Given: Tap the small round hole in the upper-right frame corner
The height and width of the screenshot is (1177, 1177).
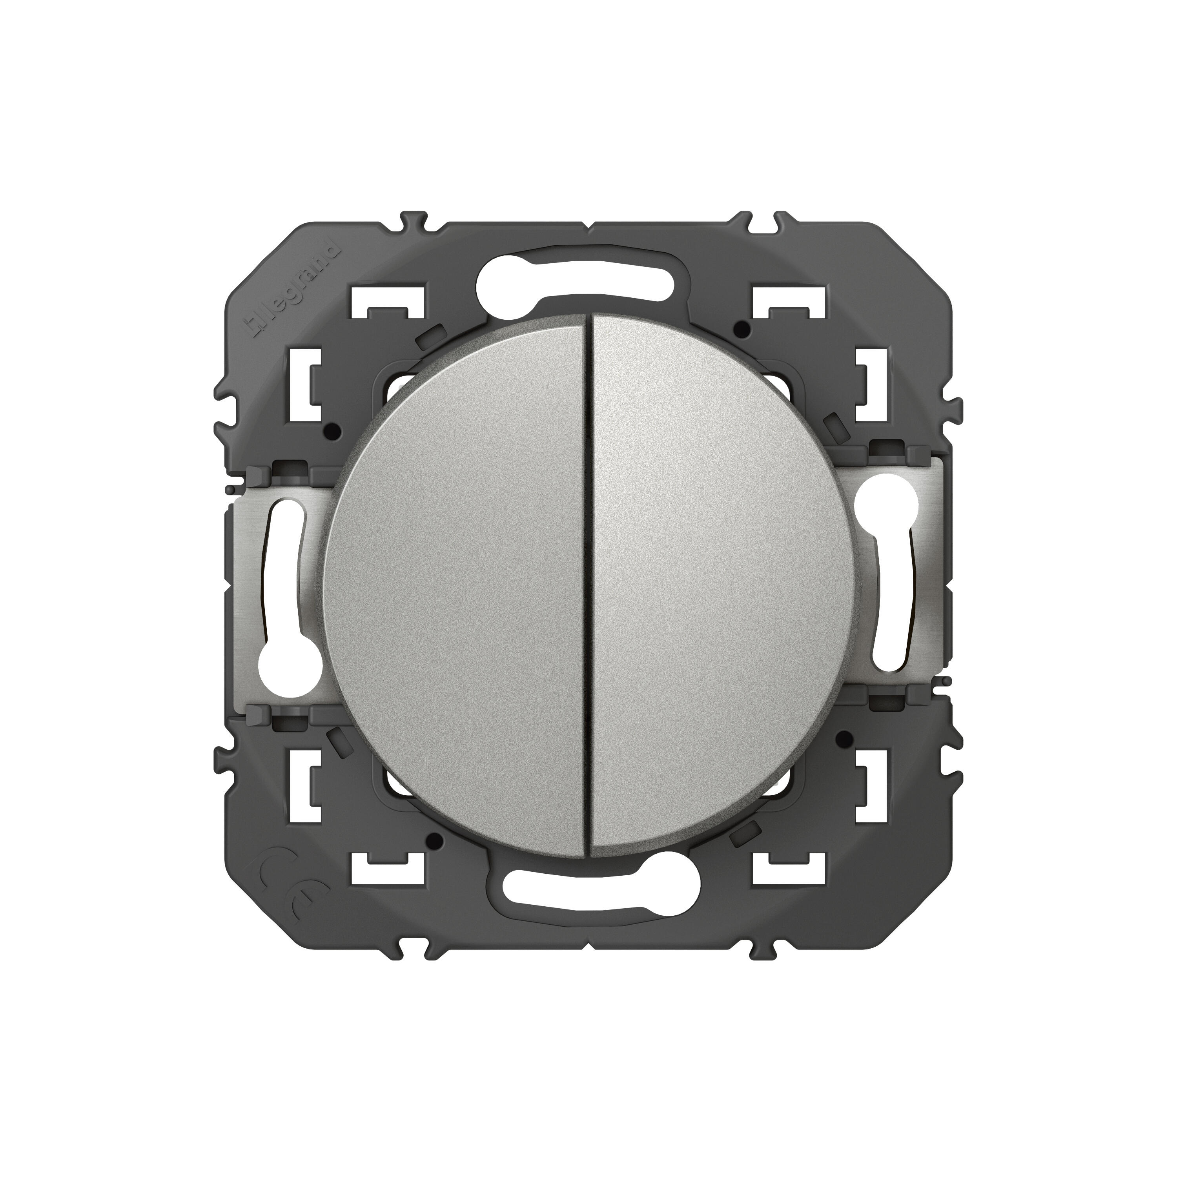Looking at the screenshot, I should click(741, 331).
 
